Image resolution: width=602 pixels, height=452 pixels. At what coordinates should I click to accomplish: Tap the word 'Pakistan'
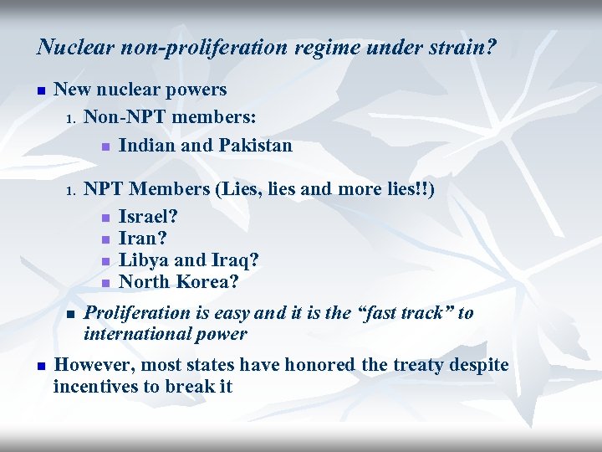pos(256,146)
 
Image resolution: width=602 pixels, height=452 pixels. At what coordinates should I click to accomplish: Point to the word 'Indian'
pos(147,146)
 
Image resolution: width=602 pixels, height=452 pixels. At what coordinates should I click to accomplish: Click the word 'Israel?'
pos(149,217)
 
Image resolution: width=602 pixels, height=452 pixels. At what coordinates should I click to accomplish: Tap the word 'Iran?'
pos(142,239)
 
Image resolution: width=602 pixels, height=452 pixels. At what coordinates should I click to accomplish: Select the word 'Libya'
pos(142,260)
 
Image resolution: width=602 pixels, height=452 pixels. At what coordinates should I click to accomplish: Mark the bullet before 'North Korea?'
pos(105,283)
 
